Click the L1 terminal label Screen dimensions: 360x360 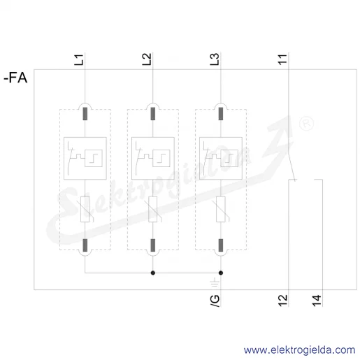tap(79, 59)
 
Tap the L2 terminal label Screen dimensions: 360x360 tap(147, 59)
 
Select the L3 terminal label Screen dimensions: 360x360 tap(215, 59)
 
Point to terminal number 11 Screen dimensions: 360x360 tap(282, 59)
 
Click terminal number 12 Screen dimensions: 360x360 tap(282, 301)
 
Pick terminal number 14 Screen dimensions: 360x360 tap(317, 301)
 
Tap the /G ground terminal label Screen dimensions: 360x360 tap(215, 301)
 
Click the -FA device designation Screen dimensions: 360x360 tap(15, 78)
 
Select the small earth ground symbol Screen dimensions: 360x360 tap(215, 282)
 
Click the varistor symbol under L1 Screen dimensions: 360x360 tap(85, 209)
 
